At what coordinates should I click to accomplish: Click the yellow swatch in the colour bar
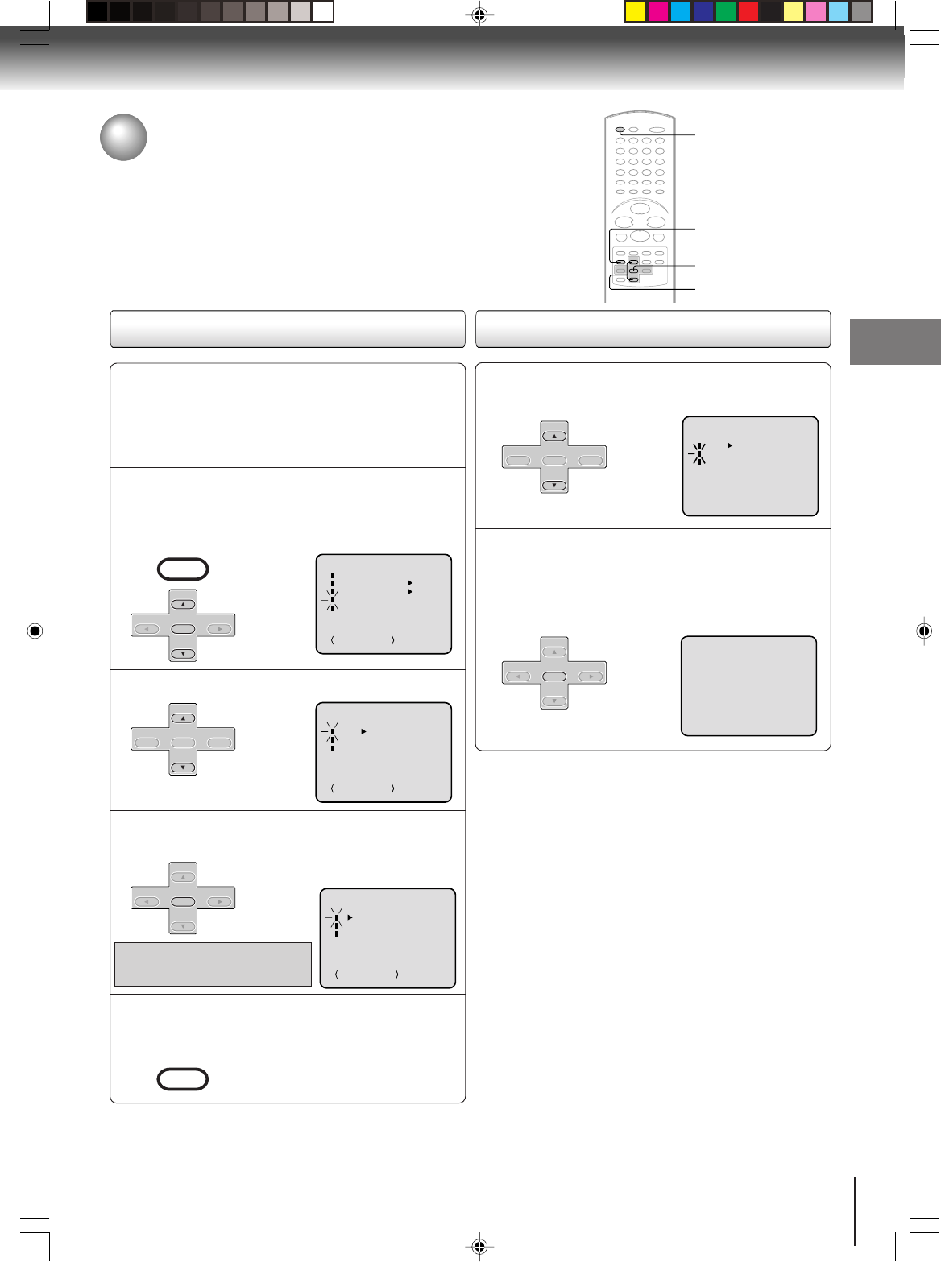coord(636,11)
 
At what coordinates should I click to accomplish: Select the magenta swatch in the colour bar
coord(658,11)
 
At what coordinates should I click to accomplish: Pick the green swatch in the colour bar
coord(726,11)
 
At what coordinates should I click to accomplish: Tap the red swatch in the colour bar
coord(748,11)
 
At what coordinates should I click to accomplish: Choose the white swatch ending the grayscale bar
coord(323,11)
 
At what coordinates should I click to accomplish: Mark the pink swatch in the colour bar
coord(816,11)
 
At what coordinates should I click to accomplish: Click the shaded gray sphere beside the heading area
coord(123,137)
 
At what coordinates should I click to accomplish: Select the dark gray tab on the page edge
coord(895,341)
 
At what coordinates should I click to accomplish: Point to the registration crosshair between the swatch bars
coord(479,14)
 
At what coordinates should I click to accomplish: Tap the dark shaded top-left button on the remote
coord(620,130)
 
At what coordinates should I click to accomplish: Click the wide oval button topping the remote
coord(657,130)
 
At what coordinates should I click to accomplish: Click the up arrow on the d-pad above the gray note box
coord(184,877)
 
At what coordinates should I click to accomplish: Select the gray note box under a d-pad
coord(213,964)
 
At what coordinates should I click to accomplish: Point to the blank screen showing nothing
coord(748,686)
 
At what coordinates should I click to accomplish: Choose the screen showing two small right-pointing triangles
coord(383,603)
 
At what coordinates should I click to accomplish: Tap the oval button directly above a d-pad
coord(183,569)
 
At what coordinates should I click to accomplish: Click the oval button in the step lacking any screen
coord(183,1079)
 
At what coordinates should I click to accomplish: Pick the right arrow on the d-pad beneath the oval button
coord(219,630)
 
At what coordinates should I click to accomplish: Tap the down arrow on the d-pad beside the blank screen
coord(554,701)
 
